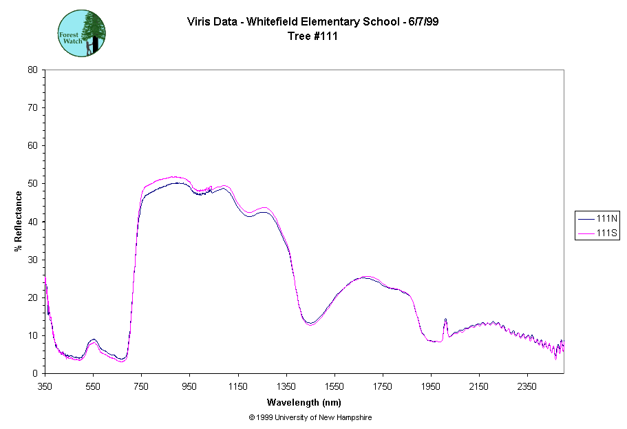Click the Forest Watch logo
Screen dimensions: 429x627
tap(82, 33)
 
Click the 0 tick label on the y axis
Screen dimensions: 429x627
tap(36, 374)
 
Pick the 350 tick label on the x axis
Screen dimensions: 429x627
tap(45, 388)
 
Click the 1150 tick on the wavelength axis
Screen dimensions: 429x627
tap(238, 388)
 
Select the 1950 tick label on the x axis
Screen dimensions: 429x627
tap(431, 388)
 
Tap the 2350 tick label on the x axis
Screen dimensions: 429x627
tap(527, 388)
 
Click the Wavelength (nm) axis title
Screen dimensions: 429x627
tap(304, 403)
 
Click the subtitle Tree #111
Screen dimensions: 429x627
tap(313, 36)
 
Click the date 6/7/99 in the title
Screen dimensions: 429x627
tap(424, 21)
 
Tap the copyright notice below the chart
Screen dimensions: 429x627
tap(311, 417)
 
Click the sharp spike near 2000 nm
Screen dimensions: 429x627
tap(445, 320)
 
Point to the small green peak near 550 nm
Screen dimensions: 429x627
tap(94, 340)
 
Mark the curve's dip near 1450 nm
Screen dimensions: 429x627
tap(310, 324)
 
